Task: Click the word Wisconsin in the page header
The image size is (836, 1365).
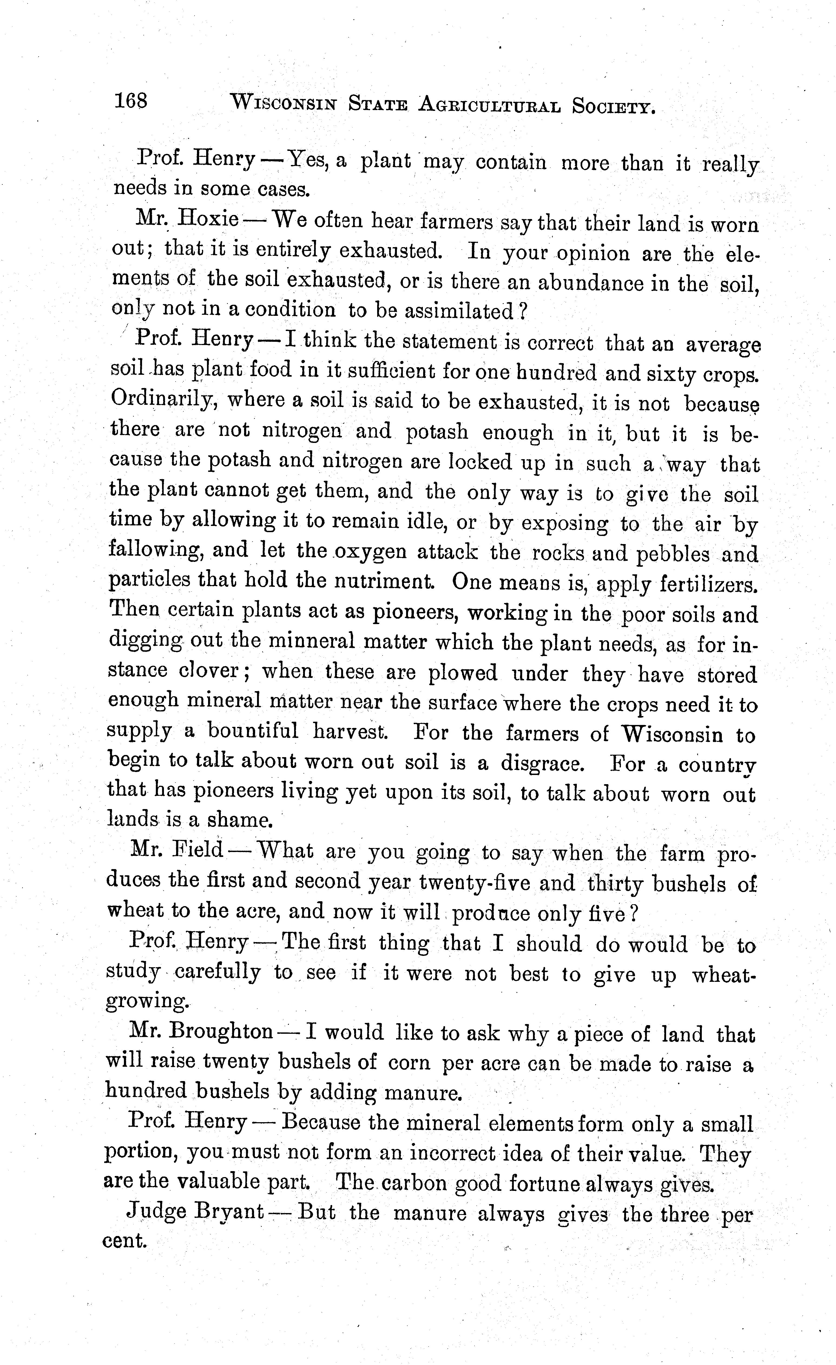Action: (x=283, y=103)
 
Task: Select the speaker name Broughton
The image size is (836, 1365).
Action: (x=221, y=1032)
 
